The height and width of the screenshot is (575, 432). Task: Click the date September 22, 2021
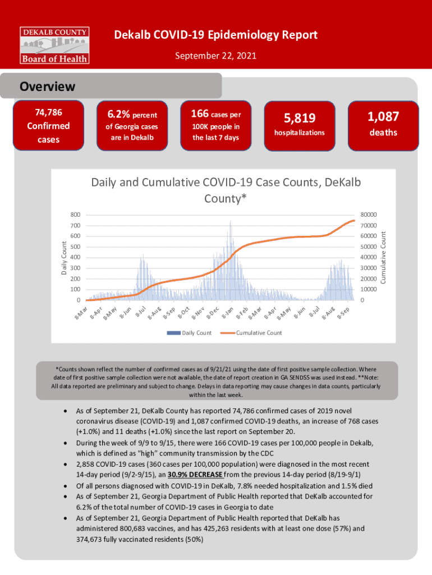(216, 56)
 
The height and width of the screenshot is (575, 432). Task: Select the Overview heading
(47, 87)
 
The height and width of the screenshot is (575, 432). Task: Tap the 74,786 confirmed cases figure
(48, 113)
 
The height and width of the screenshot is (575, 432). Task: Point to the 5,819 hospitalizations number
(300, 118)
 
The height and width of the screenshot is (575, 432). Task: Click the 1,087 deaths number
(383, 117)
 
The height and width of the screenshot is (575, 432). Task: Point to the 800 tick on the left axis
(75, 215)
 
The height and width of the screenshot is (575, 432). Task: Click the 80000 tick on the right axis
(369, 215)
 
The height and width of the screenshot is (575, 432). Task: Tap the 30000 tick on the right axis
(369, 268)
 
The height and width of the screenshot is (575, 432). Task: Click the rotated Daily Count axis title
(63, 258)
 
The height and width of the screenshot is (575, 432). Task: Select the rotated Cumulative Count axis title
(383, 258)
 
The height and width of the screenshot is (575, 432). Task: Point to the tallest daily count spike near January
(231, 223)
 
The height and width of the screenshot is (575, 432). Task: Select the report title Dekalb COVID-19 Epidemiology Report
(216, 35)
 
